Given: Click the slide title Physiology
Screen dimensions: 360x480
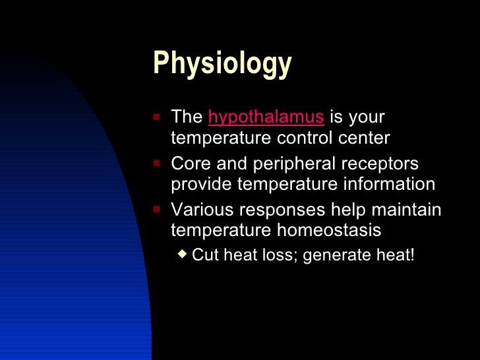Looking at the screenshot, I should (222, 65).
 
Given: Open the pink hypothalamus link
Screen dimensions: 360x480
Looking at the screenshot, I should (266, 117).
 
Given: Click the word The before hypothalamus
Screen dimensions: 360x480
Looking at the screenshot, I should (187, 117).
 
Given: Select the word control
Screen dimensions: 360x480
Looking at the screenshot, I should (305, 138).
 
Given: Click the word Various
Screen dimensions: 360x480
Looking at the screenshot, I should (201, 210).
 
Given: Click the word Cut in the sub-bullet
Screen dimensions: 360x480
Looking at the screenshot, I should (206, 255).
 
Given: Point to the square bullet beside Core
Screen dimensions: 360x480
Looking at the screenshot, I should (156, 162).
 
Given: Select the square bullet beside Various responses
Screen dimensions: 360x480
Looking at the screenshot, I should (156, 208).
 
